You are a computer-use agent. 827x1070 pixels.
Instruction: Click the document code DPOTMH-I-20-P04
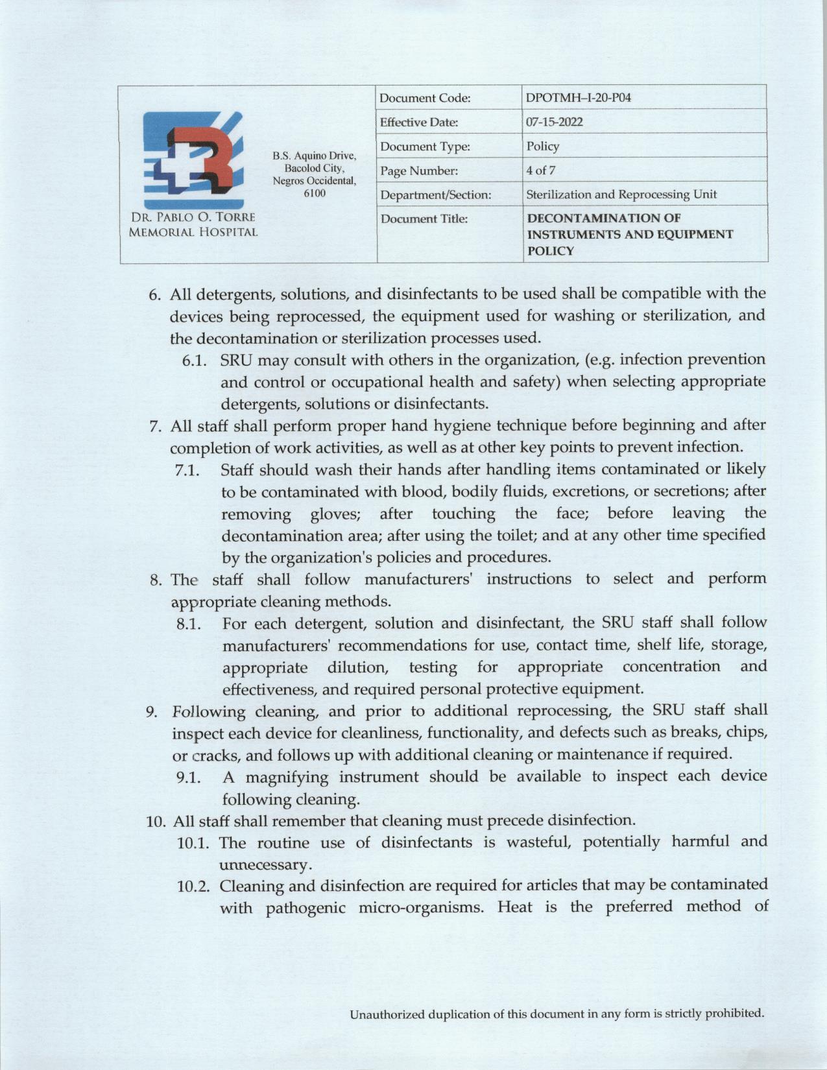578,98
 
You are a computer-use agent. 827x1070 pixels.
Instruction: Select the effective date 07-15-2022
555,122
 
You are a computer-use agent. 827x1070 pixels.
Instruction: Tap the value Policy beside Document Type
543,147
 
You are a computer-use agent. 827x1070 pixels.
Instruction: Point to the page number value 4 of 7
540,171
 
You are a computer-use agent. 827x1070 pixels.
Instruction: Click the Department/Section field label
435,195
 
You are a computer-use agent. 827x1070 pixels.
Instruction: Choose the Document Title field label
424,219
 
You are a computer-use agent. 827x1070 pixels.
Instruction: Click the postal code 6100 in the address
315,193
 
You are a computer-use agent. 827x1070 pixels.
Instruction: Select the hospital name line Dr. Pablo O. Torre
192,217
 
